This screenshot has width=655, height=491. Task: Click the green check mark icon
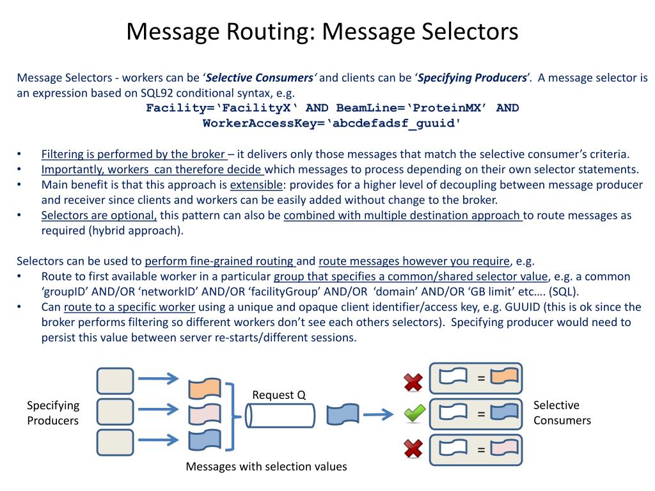click(414, 414)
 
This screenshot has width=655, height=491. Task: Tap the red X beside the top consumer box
click(414, 382)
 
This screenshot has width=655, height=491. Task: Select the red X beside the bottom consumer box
click(414, 449)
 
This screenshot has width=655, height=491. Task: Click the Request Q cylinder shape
click(281, 416)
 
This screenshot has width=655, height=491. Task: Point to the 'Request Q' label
click(279, 395)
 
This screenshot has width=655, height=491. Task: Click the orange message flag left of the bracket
click(205, 388)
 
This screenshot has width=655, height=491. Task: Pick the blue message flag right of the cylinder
click(343, 415)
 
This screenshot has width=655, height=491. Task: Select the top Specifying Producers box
click(115, 380)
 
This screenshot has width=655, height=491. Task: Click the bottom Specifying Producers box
click(115, 442)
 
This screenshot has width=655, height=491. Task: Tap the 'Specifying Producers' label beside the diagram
click(53, 413)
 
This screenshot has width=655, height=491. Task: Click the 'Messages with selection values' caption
click(266, 467)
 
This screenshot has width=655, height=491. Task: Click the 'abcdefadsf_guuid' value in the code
click(394, 123)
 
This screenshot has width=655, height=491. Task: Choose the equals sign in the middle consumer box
click(481, 414)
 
